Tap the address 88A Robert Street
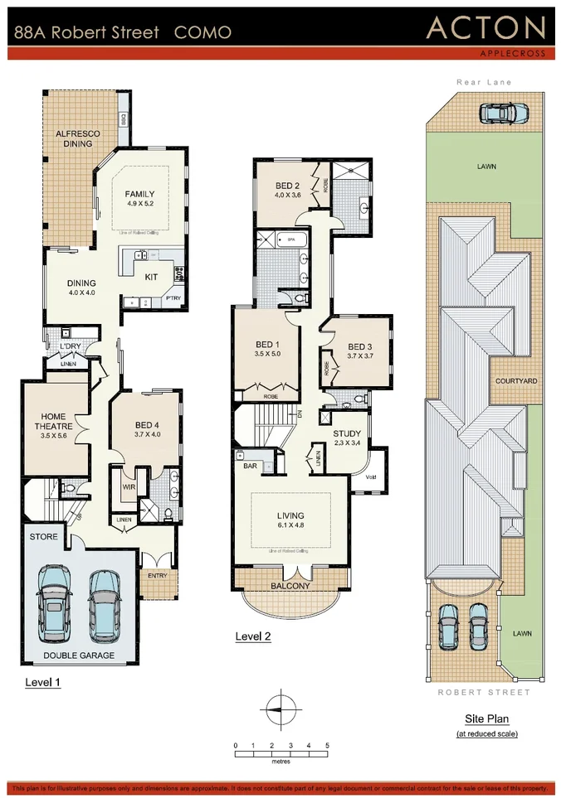(x=85, y=33)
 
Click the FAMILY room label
(x=140, y=195)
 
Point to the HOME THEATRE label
(x=51, y=422)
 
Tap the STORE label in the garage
(x=44, y=537)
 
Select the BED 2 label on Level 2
(x=287, y=185)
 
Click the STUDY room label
(x=347, y=434)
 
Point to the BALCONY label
(x=290, y=586)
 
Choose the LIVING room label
(x=290, y=515)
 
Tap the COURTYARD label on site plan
(x=516, y=381)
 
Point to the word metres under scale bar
(x=280, y=761)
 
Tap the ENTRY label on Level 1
(x=156, y=574)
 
